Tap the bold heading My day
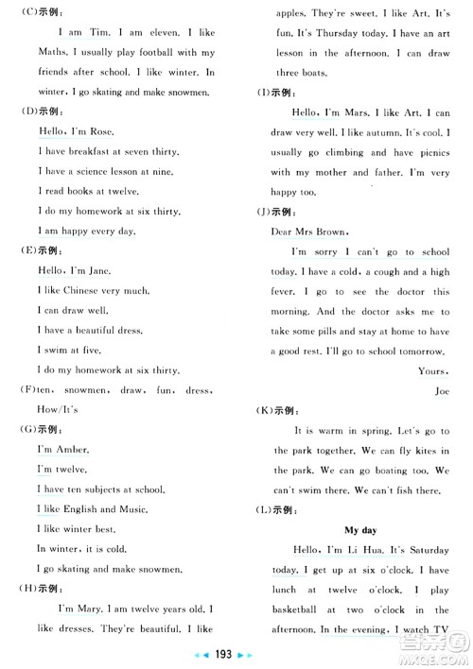point(359,530)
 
